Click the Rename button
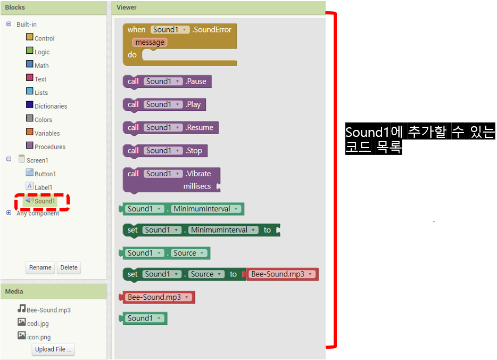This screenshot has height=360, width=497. coord(40,267)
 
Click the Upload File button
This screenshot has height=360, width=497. coord(53,349)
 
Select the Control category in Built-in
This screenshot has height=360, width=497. coord(44,38)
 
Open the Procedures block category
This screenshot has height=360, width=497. coord(49,147)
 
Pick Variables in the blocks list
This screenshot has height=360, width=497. coord(47,133)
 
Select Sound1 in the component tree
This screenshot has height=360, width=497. coord(44,201)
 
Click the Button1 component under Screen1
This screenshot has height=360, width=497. coord(45,174)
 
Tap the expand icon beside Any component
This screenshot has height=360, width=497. coord(9,213)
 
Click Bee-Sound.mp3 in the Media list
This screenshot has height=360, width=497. coord(48,310)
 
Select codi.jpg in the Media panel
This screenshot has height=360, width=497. coord(38,323)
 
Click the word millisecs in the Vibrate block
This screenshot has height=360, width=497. coord(197,186)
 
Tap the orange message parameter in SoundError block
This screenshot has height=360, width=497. coord(150,42)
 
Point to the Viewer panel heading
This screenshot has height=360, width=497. coord(127,7)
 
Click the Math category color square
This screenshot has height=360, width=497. coord(30,65)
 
